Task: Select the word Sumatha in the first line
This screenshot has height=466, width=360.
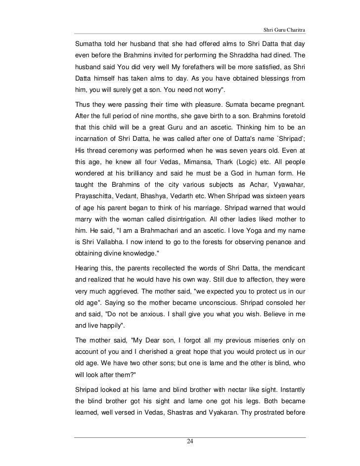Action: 90,40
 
